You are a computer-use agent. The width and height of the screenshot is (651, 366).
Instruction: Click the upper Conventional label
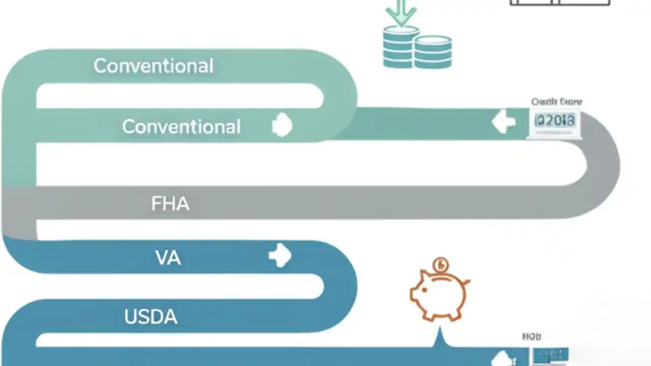153,66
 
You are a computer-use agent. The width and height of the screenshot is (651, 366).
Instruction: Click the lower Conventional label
181,127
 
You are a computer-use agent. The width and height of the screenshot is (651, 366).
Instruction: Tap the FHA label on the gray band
170,204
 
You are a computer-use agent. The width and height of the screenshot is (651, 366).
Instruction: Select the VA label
168,258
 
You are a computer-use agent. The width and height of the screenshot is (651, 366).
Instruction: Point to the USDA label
151,317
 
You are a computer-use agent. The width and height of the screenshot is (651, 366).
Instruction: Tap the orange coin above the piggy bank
440,265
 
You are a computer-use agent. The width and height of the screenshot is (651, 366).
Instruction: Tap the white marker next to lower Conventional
282,126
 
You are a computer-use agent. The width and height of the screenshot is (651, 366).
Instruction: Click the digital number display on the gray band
555,121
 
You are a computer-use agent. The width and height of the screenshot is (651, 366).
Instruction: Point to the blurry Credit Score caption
556,102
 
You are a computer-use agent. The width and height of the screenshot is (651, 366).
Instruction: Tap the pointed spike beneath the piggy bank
439,338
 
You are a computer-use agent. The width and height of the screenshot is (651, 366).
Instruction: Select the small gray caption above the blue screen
532,337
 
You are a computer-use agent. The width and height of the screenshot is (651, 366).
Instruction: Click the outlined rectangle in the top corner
559,3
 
